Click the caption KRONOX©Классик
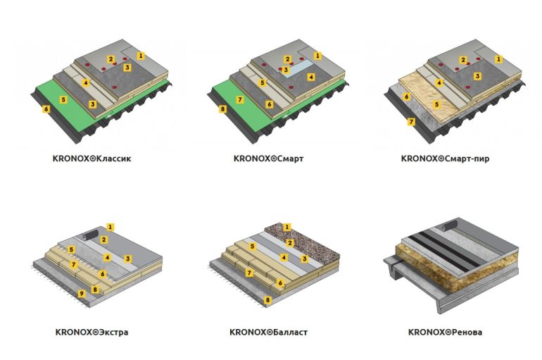tap(92, 159)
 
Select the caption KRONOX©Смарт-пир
tap(445, 159)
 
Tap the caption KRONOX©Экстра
tap(92, 333)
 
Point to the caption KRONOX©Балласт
tap(268, 333)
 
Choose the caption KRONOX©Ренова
tap(445, 333)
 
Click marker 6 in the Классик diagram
tap(46, 109)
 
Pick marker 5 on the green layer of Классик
tap(63, 99)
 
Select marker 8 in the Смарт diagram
tap(222, 109)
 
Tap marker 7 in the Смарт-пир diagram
tap(411, 122)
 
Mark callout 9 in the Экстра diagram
tap(82, 294)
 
